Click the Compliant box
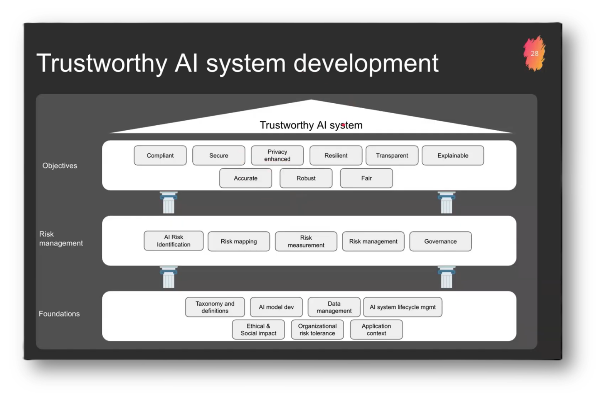tap(160, 155)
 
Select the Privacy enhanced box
tap(277, 155)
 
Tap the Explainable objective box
tap(453, 155)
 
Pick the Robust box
tap(306, 178)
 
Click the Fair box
tap(366, 178)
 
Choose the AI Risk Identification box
tap(173, 241)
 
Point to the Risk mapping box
tap(239, 241)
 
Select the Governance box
tap(440, 241)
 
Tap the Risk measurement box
tap(306, 241)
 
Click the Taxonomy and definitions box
tap(215, 307)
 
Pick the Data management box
tap(334, 307)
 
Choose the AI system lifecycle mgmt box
tap(402, 307)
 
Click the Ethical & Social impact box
tap(258, 330)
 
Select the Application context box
tap(376, 330)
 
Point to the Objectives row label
tap(60, 166)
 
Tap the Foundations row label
tap(59, 314)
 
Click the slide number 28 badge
tap(534, 54)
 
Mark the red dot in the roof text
tap(343, 125)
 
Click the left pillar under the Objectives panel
tap(168, 203)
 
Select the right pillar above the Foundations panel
tap(446, 277)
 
